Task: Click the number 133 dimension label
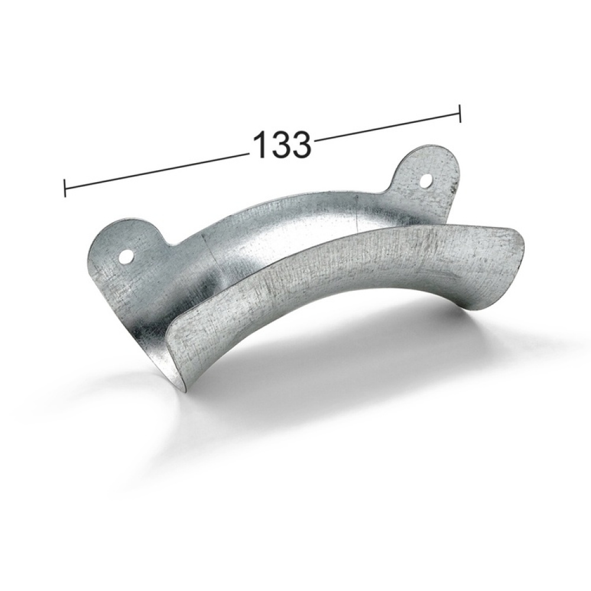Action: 282,145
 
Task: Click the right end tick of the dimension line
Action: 460,113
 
